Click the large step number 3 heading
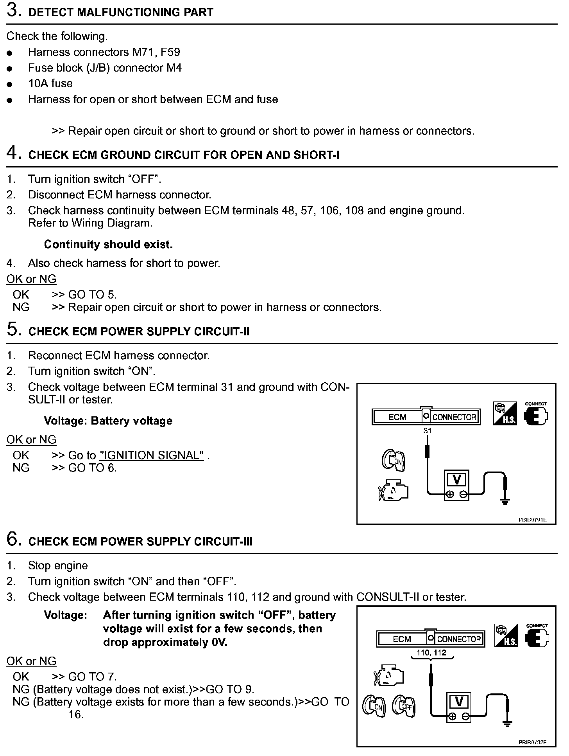pyautogui.click(x=13, y=11)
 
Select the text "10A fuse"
pyautogui.click(x=50, y=83)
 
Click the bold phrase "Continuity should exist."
pyautogui.click(x=108, y=245)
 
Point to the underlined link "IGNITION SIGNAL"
pyautogui.click(x=152, y=455)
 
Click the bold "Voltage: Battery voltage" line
pyautogui.click(x=108, y=421)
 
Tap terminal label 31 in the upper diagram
pyautogui.click(x=428, y=430)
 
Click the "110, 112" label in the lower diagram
pyautogui.click(x=431, y=652)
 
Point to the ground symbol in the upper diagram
pyautogui.click(x=505, y=501)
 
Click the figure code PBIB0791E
pyautogui.click(x=532, y=520)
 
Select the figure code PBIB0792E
pyautogui.click(x=532, y=742)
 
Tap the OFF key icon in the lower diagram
pyautogui.click(x=404, y=706)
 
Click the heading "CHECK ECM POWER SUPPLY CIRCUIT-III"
pyautogui.click(x=141, y=542)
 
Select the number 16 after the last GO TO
pyautogui.click(x=76, y=715)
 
